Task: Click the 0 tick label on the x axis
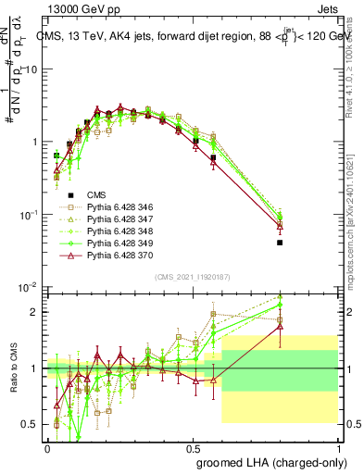47,448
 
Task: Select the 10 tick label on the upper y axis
32,69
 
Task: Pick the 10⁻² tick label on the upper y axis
31,287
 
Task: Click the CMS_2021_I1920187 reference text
192,277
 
